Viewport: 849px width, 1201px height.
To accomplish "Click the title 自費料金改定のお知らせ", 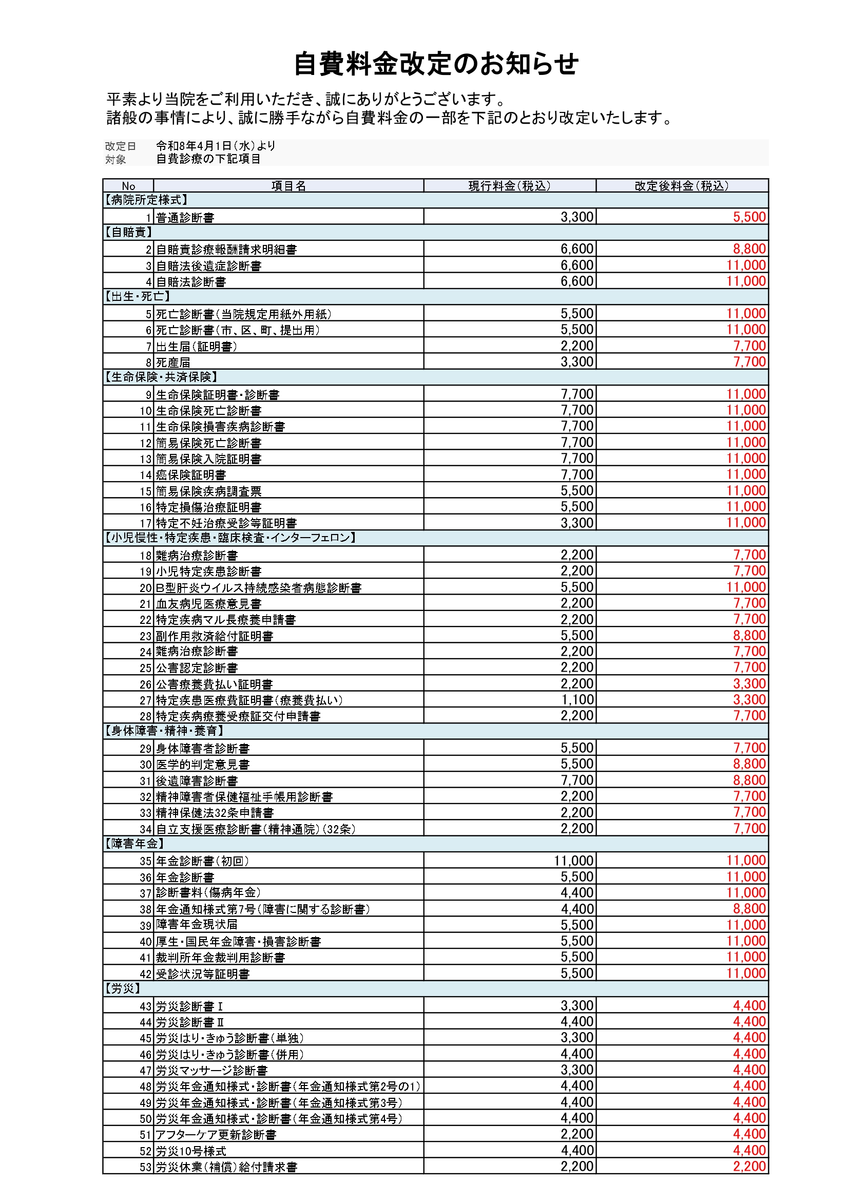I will (x=435, y=64).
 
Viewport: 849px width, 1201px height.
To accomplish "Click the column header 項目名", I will (x=288, y=186).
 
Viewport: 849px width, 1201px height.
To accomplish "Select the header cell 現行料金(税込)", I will (x=509, y=186).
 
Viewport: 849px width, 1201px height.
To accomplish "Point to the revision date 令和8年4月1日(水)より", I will (x=216, y=146).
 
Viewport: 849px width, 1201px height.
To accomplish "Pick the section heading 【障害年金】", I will (x=134, y=844).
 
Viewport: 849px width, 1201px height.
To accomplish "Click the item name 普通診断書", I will (x=185, y=218).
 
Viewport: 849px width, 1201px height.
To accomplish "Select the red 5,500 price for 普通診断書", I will (x=749, y=217).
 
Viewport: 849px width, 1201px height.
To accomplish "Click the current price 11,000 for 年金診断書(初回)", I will (x=573, y=861).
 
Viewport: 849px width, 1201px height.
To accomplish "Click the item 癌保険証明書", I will (x=191, y=475).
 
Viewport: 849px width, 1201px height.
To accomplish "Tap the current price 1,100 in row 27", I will (x=576, y=700).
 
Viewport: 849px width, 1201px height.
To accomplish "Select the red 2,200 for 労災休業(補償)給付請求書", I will (x=749, y=1167).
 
